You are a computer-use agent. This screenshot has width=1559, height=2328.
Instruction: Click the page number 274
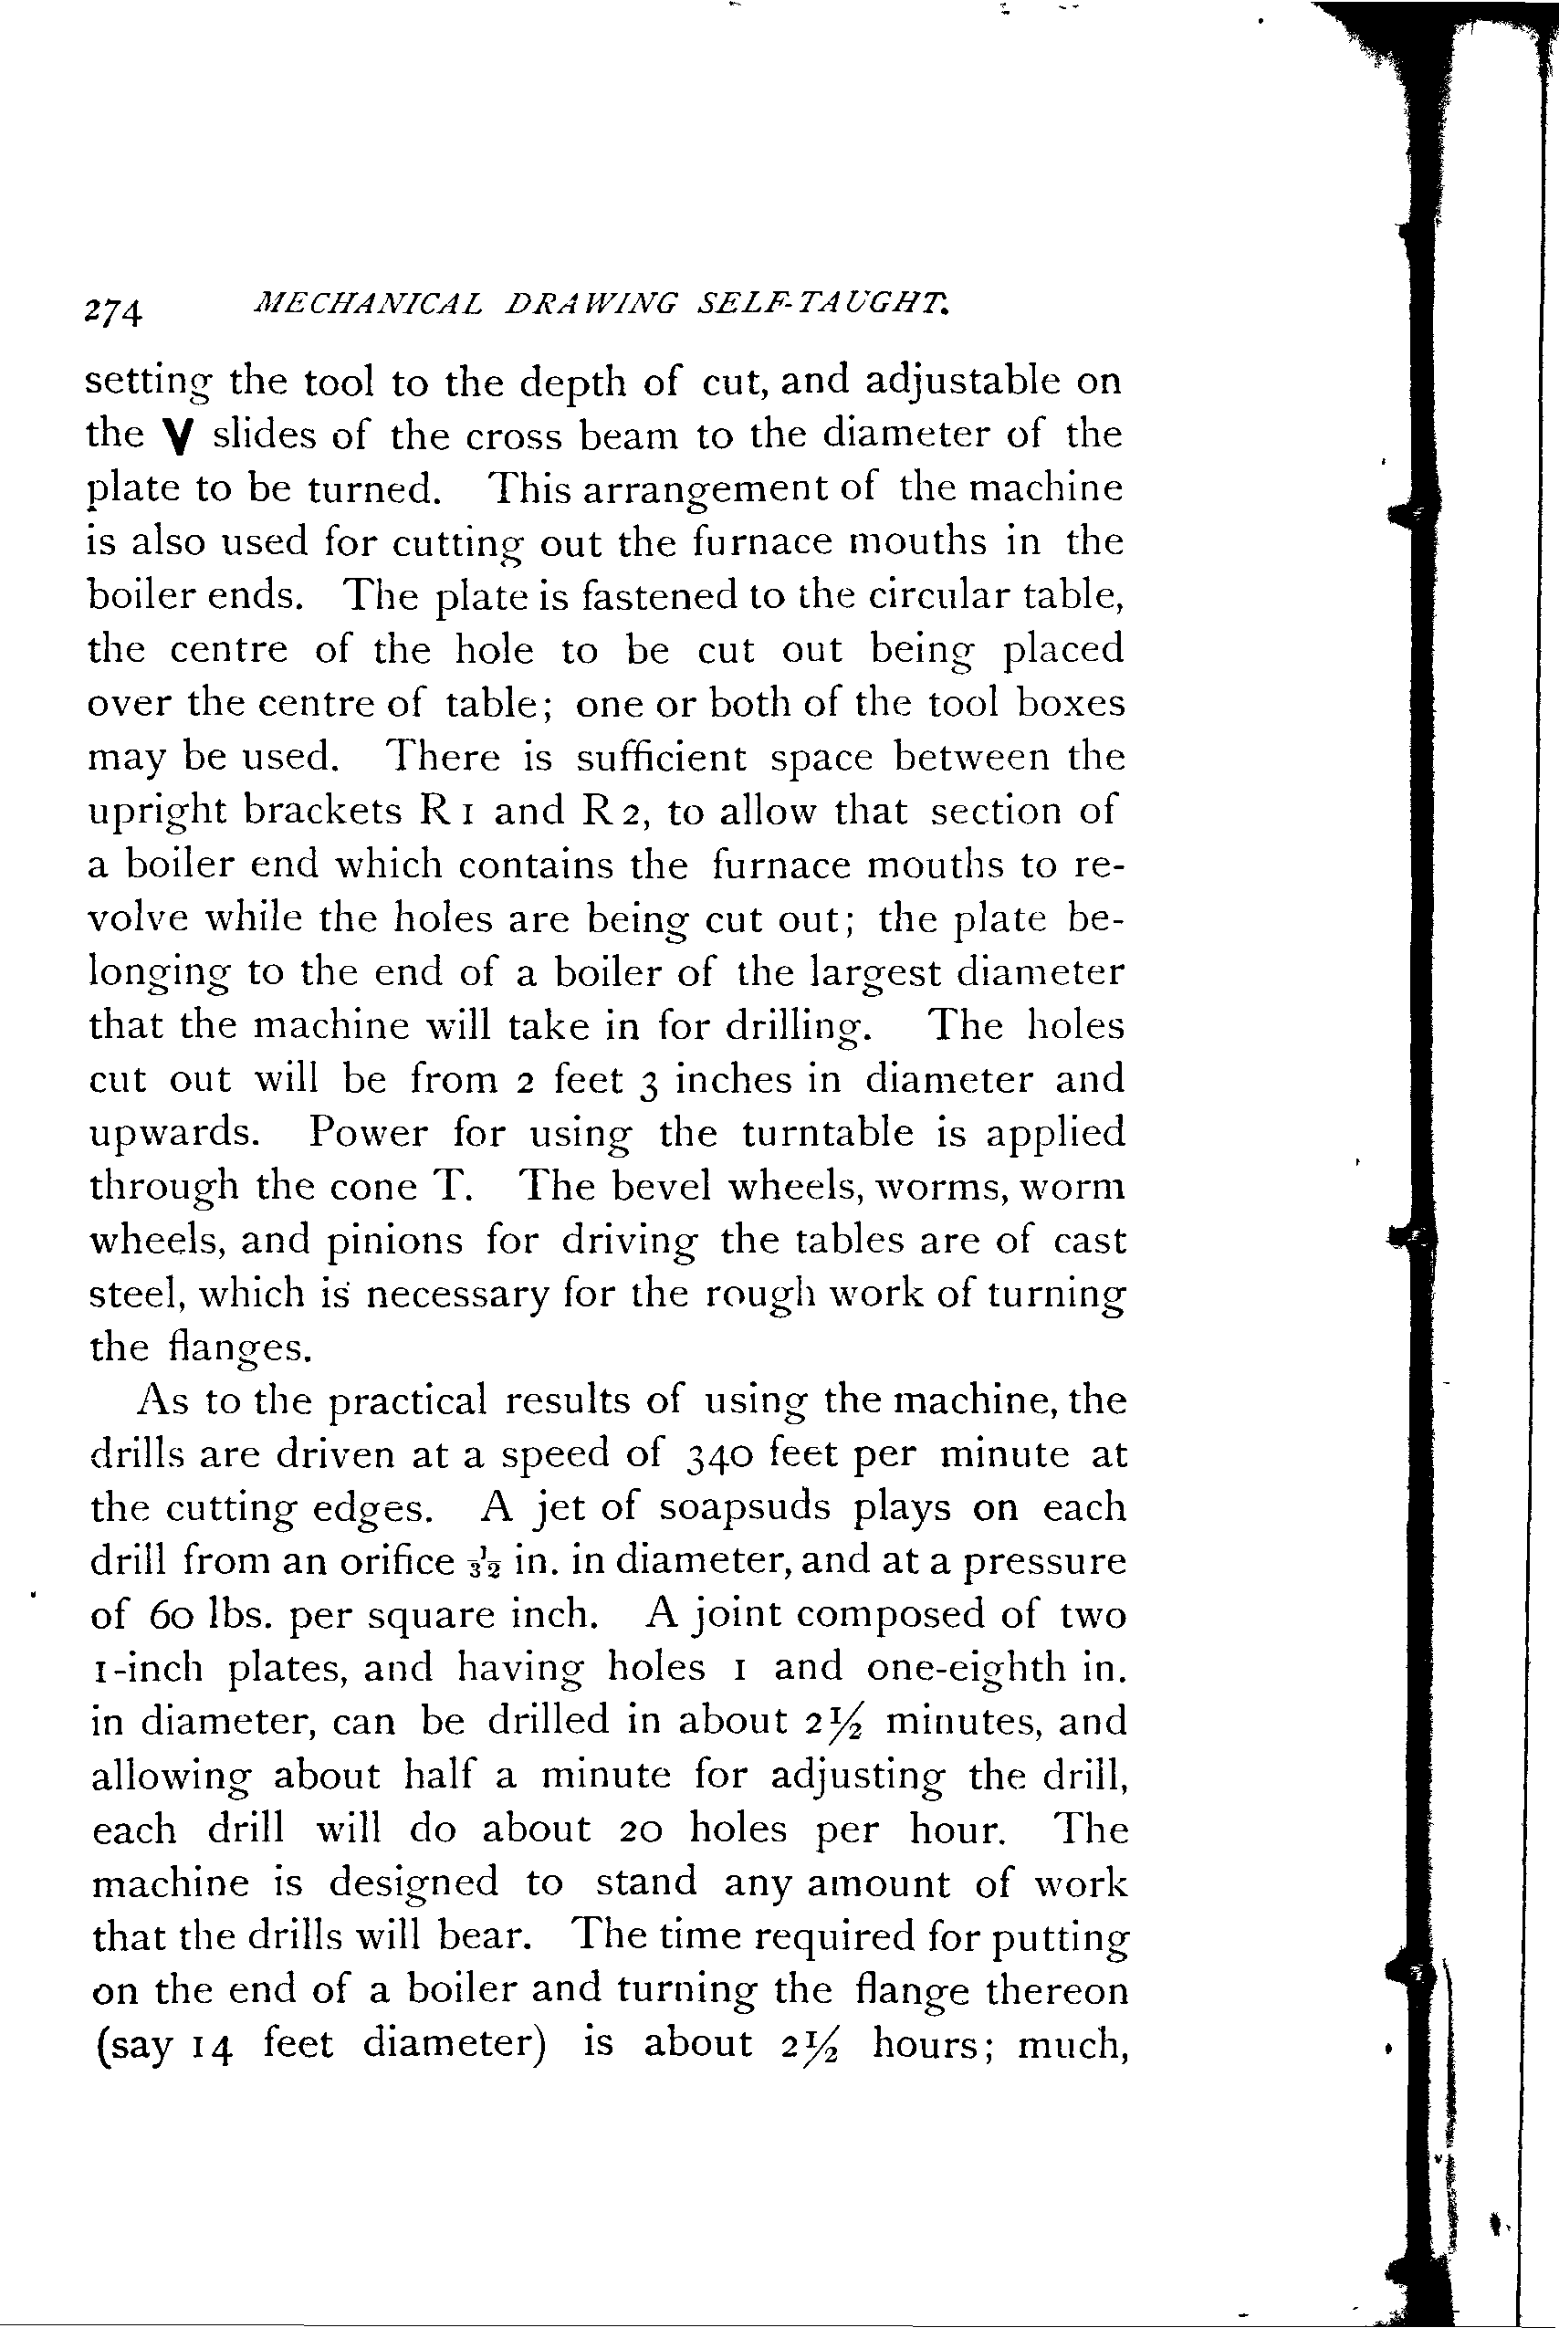click(x=114, y=311)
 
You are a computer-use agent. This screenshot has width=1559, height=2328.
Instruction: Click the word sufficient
click(x=661, y=757)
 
